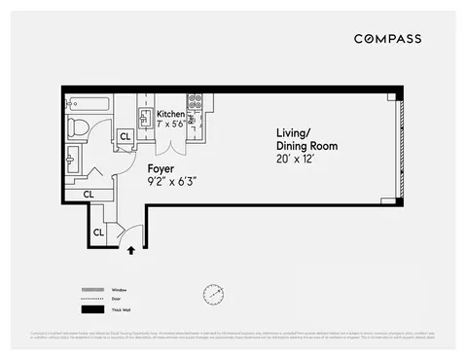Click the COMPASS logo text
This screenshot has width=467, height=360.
(386, 39)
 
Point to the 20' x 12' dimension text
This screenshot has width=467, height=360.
(296, 157)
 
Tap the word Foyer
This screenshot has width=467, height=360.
(160, 167)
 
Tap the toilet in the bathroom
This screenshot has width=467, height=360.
(78, 126)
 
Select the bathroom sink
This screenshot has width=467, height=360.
(73, 157)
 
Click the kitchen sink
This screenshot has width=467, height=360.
(143, 120)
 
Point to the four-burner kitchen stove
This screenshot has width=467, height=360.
(194, 100)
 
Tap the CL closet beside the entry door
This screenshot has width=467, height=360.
(99, 233)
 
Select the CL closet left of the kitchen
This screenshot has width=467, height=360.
(124, 137)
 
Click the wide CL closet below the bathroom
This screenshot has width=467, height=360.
(89, 195)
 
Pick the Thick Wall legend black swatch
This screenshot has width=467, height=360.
(93, 309)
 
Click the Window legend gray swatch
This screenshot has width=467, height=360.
(93, 289)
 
